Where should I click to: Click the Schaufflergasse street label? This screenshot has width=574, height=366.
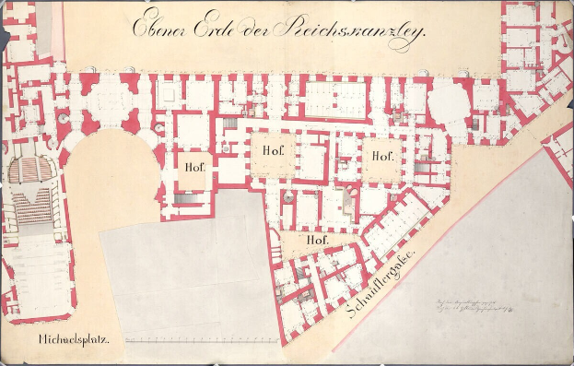click(381, 285)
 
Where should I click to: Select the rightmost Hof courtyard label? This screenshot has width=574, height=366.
click(381, 156)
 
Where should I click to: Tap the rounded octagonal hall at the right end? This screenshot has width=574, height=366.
click(449, 101)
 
